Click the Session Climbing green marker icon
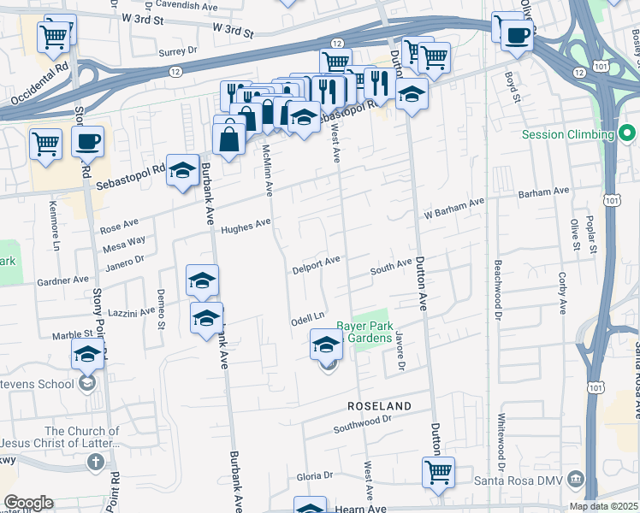click(x=627, y=134)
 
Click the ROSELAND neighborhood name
click(x=379, y=405)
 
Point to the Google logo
click(x=28, y=502)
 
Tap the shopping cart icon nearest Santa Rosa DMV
click(x=438, y=473)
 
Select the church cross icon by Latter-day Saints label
click(x=96, y=463)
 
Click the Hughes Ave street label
click(x=245, y=227)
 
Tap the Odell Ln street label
click(x=309, y=317)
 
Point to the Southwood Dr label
click(x=361, y=422)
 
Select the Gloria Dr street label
click(x=314, y=475)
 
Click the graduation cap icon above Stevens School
click(x=87, y=355)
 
